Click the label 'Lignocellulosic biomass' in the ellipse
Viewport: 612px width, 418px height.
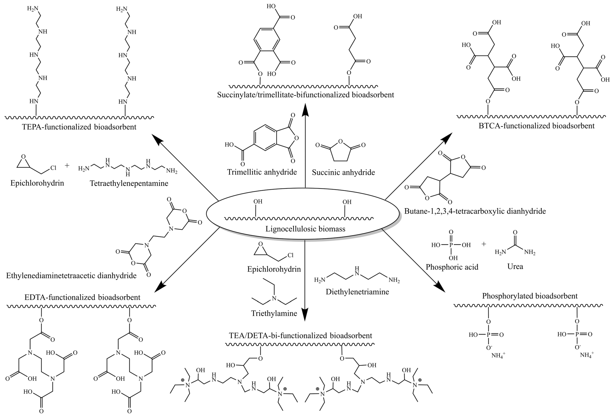tap(305, 229)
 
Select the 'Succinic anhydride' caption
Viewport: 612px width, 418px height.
tap(343, 172)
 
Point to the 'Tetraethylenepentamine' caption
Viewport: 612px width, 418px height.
tap(129, 183)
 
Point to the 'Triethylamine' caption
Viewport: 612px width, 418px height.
tap(274, 313)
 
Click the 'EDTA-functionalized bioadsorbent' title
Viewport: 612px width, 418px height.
tap(82, 297)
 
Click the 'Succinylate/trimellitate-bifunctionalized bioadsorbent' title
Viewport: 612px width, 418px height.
tap(305, 95)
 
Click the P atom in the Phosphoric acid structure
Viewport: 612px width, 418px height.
tap(451, 245)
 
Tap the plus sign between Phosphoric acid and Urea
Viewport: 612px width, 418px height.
tap(484, 244)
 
